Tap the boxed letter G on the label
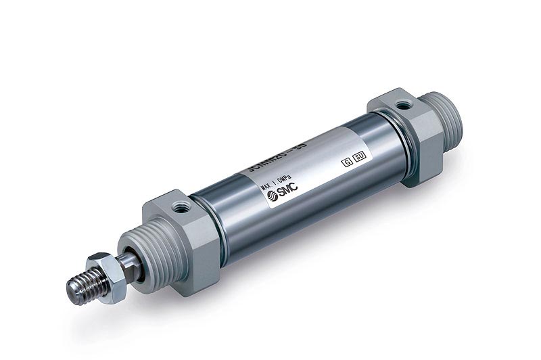pyautogui.click(x=347, y=162)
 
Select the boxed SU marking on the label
pyautogui.click(x=360, y=156)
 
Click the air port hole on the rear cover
pyautogui.click(x=404, y=105)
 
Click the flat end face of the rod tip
pyautogui.click(x=72, y=291)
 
